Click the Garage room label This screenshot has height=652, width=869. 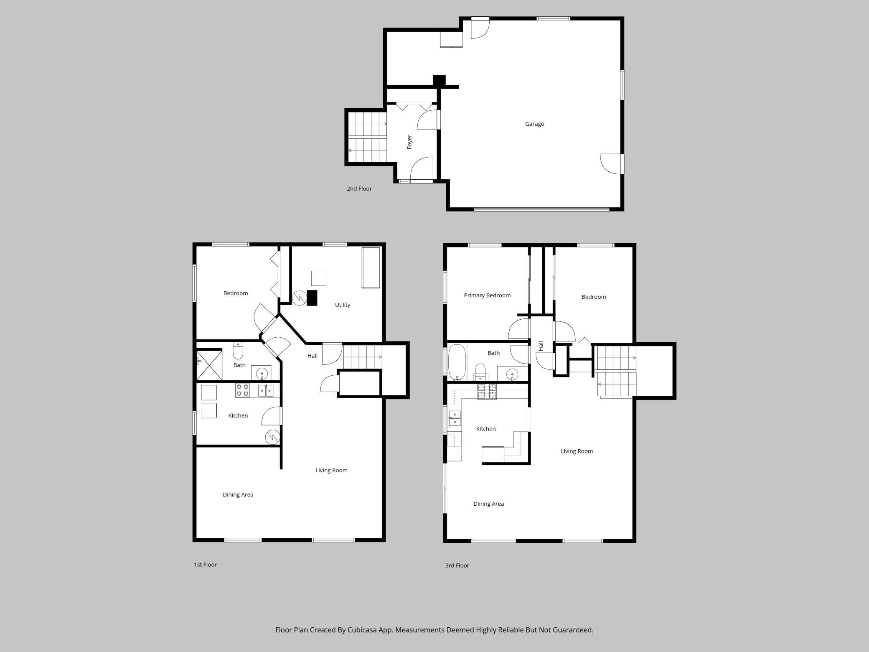(534, 124)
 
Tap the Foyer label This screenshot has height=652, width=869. (409, 142)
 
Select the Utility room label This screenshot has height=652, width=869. (343, 305)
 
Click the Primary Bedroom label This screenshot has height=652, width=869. (487, 295)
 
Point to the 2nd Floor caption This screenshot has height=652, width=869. (359, 188)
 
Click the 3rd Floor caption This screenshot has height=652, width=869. (457, 565)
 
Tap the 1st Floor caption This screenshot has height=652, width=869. (205, 565)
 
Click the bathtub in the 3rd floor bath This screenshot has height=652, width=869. (457, 362)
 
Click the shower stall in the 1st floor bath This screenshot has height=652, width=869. (209, 364)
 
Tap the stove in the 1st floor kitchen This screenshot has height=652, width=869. (242, 390)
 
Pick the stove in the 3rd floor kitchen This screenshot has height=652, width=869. (487, 392)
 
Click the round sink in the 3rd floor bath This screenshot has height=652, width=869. (512, 373)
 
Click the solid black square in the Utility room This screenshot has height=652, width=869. (312, 298)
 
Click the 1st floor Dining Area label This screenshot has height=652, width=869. (238, 495)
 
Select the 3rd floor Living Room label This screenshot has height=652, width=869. (577, 451)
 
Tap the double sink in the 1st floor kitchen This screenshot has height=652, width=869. (265, 390)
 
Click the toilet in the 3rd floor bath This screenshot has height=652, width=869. (480, 372)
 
